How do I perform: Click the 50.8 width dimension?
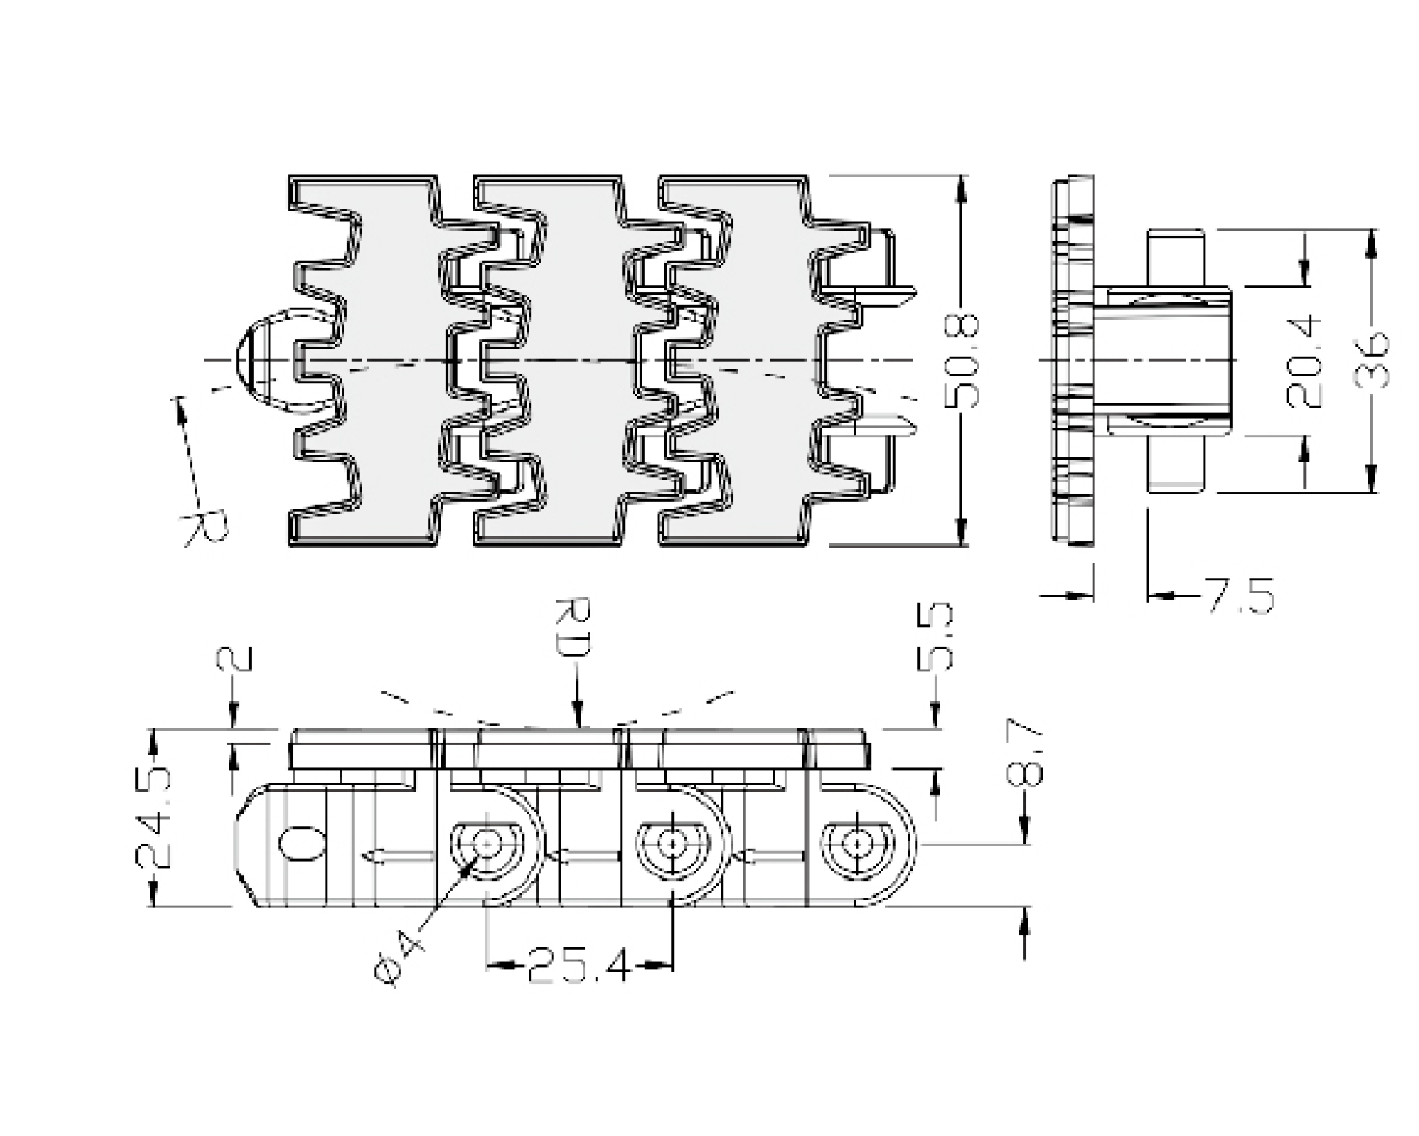click(x=962, y=361)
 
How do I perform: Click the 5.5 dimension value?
click(x=935, y=636)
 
